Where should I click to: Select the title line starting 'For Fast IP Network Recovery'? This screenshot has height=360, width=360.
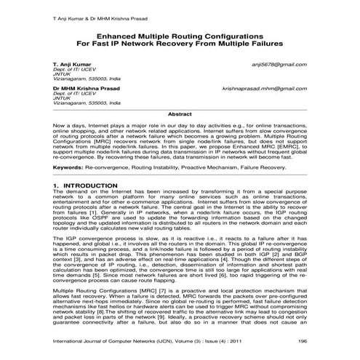click(180, 43)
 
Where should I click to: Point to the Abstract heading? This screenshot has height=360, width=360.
click(180, 114)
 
